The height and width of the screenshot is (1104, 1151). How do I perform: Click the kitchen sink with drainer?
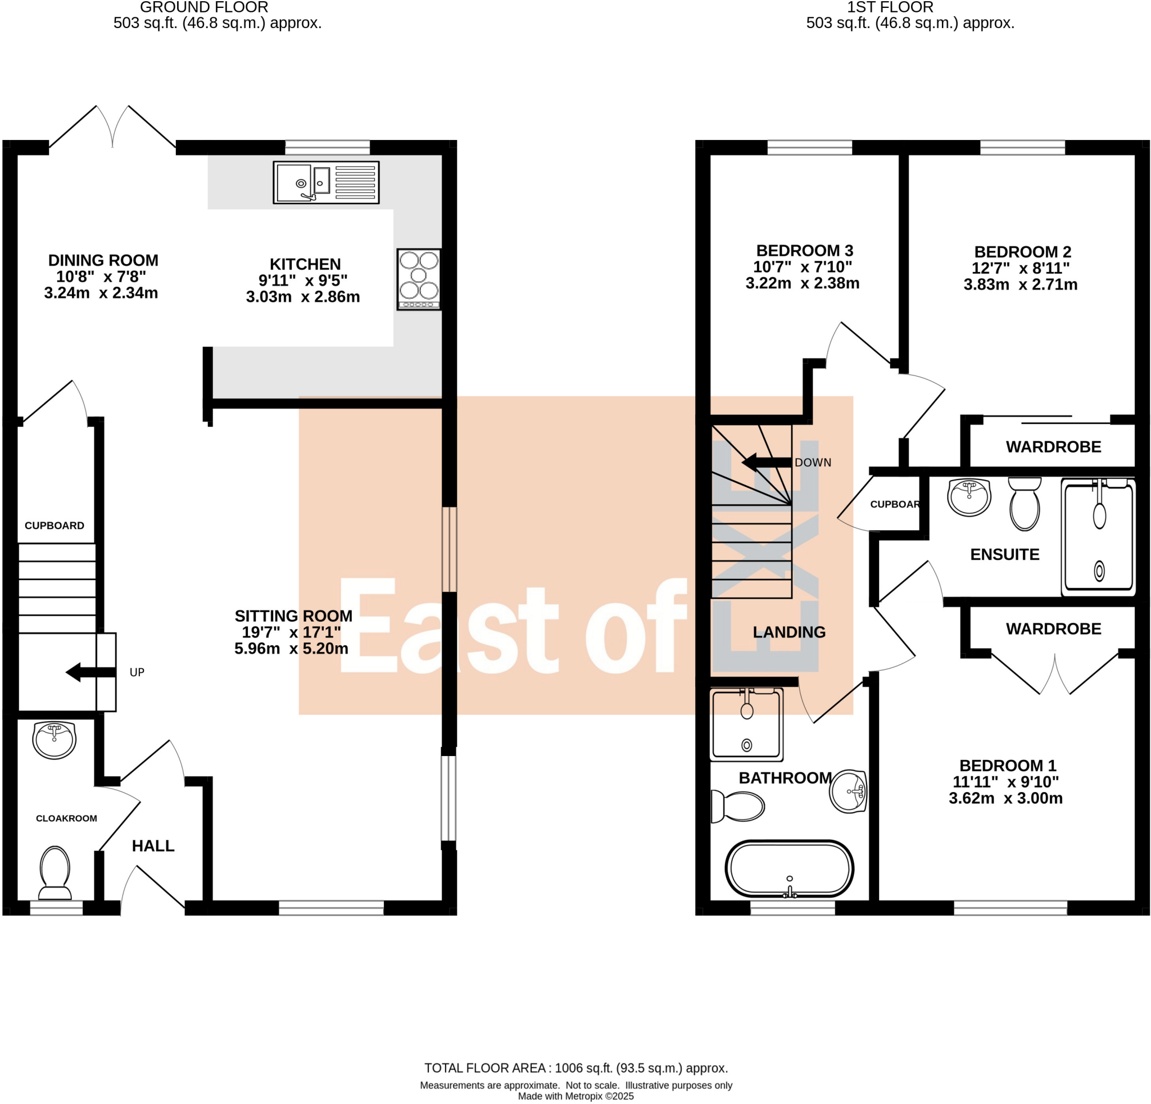pos(326,183)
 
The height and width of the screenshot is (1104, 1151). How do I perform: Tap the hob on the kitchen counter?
pos(419,279)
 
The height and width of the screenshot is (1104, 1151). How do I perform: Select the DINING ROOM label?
pos(103,260)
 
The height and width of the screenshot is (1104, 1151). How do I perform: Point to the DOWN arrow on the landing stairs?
pos(766,463)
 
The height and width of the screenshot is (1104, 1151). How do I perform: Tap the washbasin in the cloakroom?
pos(55,739)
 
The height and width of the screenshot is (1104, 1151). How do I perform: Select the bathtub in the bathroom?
pos(789,870)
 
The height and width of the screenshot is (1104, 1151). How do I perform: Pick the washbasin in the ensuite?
pos(969,497)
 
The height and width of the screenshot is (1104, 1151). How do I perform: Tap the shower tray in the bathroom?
pos(746,724)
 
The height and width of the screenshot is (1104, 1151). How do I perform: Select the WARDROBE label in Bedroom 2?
pos(1053,447)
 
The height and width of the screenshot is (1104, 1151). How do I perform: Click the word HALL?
pos(153,845)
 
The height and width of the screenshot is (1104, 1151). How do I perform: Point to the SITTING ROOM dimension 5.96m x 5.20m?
pos(291,648)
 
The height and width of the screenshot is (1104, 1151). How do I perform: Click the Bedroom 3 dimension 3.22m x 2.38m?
pos(802,283)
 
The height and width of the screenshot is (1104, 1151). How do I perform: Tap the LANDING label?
pos(789,632)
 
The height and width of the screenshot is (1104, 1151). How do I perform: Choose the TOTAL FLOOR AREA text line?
pos(575,1068)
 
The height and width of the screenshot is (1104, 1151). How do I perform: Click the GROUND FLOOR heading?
pos(204,8)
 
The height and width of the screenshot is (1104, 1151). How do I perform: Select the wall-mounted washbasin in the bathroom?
pos(849,791)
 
